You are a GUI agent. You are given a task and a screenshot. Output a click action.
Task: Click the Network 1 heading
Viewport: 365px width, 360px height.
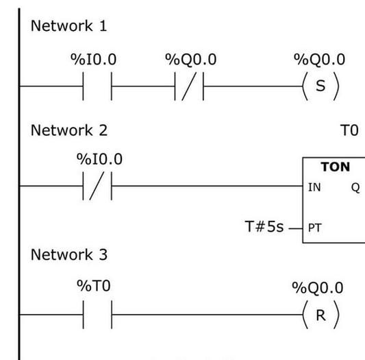69,25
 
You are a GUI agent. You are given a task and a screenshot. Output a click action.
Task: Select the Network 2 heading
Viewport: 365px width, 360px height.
69,130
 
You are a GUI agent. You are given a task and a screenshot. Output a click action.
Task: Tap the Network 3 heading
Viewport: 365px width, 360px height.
69,254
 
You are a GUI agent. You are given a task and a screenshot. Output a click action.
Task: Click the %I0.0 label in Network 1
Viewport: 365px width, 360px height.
94,59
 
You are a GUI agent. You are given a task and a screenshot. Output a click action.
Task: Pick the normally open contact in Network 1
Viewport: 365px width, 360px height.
97,86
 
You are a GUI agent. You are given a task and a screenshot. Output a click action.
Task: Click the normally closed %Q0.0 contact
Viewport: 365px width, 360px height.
189,86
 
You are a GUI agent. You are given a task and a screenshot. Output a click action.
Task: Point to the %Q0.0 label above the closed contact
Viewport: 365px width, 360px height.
191,59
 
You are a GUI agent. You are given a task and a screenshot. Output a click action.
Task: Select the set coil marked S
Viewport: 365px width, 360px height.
320,86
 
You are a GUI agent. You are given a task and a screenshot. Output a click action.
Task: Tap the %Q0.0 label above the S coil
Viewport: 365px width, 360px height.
319,59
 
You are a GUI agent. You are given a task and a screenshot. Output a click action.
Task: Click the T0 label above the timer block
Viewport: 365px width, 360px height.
349,130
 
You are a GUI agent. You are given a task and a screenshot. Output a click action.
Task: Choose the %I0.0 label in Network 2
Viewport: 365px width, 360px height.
99,159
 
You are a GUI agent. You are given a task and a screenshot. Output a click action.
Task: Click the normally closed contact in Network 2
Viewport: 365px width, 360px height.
97,186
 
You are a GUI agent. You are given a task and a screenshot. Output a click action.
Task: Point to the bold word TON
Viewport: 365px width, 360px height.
335,167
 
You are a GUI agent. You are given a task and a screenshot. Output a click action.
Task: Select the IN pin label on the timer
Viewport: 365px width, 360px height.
314,187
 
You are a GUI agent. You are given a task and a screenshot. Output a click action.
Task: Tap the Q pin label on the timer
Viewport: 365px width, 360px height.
355,188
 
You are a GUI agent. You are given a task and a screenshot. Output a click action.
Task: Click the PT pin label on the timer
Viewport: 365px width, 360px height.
315,228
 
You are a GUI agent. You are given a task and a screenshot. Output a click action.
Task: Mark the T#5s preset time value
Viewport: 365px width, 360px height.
264,226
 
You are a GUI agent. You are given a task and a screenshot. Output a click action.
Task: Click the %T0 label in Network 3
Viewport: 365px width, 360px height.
94,286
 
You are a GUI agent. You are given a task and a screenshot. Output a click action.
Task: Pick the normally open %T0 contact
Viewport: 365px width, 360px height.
97,315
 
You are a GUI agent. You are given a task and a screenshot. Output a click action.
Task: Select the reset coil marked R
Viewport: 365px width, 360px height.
320,315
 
